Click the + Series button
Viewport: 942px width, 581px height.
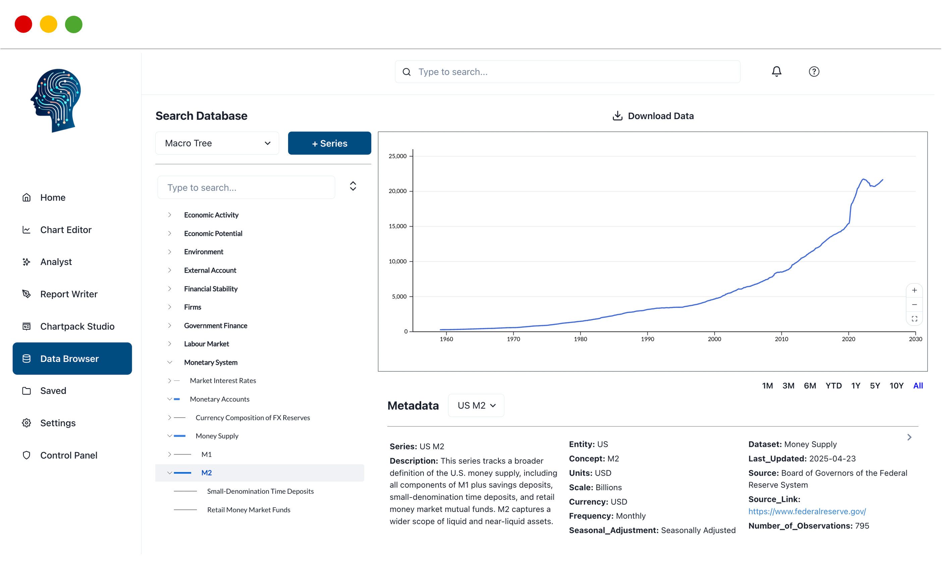[329, 143]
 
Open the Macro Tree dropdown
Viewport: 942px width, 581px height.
[217, 143]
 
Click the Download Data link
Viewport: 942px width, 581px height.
[653, 116]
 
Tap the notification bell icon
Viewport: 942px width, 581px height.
[776, 71]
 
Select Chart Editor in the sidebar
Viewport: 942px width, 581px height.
[66, 230]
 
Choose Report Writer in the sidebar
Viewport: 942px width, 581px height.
[69, 294]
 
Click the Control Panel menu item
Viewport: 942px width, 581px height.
[69, 455]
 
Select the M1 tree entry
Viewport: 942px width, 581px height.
[207, 454]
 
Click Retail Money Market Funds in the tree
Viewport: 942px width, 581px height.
[248, 510]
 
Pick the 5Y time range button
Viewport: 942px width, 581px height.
[874, 385]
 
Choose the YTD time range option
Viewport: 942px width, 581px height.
[833, 385]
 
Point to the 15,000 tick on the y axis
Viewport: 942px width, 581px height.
[397, 226]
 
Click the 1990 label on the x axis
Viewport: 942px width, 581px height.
[647, 339]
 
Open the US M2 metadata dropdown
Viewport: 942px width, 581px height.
[476, 406]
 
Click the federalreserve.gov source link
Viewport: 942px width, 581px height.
[807, 511]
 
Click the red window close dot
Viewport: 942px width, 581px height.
[23, 24]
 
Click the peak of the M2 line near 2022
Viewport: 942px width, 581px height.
[863, 179]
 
